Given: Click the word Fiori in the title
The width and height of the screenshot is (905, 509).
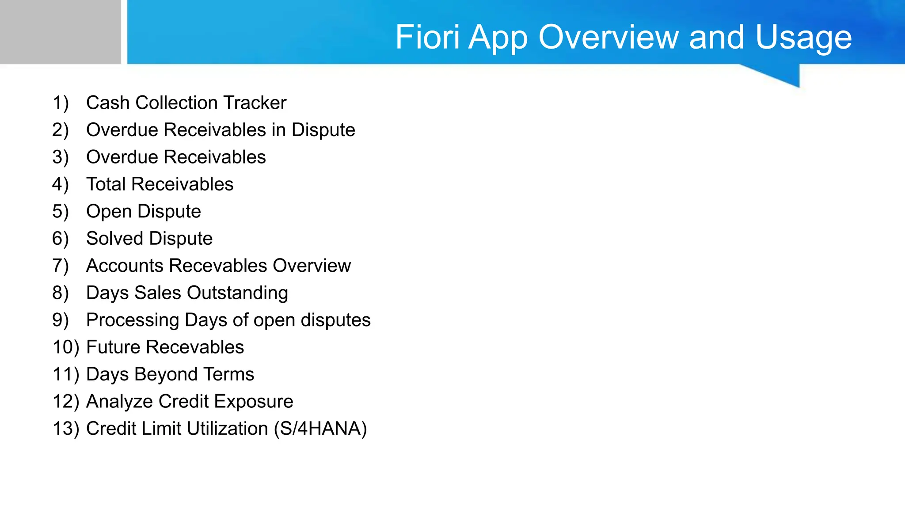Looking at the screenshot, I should click(x=427, y=37).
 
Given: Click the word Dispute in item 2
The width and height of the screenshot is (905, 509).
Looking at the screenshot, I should click(x=323, y=130).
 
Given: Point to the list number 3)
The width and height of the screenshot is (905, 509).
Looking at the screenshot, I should click(x=61, y=157).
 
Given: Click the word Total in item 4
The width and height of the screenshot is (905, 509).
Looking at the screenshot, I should click(x=106, y=184).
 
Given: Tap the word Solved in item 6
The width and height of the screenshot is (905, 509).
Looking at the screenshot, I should click(x=114, y=239).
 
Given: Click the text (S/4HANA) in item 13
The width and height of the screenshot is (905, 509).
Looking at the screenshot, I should click(x=320, y=429).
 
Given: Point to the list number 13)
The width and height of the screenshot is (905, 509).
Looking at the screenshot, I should click(x=66, y=429).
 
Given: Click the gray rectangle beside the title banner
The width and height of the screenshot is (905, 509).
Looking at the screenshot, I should click(x=60, y=32).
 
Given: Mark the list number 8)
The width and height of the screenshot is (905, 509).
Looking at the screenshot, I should click(x=61, y=293).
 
